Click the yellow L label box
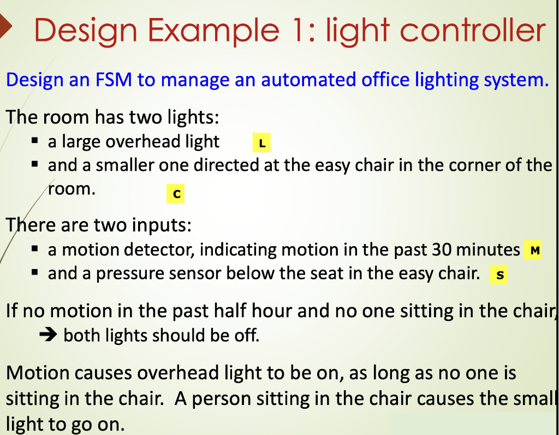(261, 144)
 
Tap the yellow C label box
(175, 194)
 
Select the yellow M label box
(533, 251)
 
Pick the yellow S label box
(498, 275)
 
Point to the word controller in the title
(469, 31)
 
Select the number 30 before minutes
(441, 249)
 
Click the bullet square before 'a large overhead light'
(34, 141)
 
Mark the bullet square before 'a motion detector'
(34, 249)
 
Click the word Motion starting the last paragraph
(38, 373)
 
